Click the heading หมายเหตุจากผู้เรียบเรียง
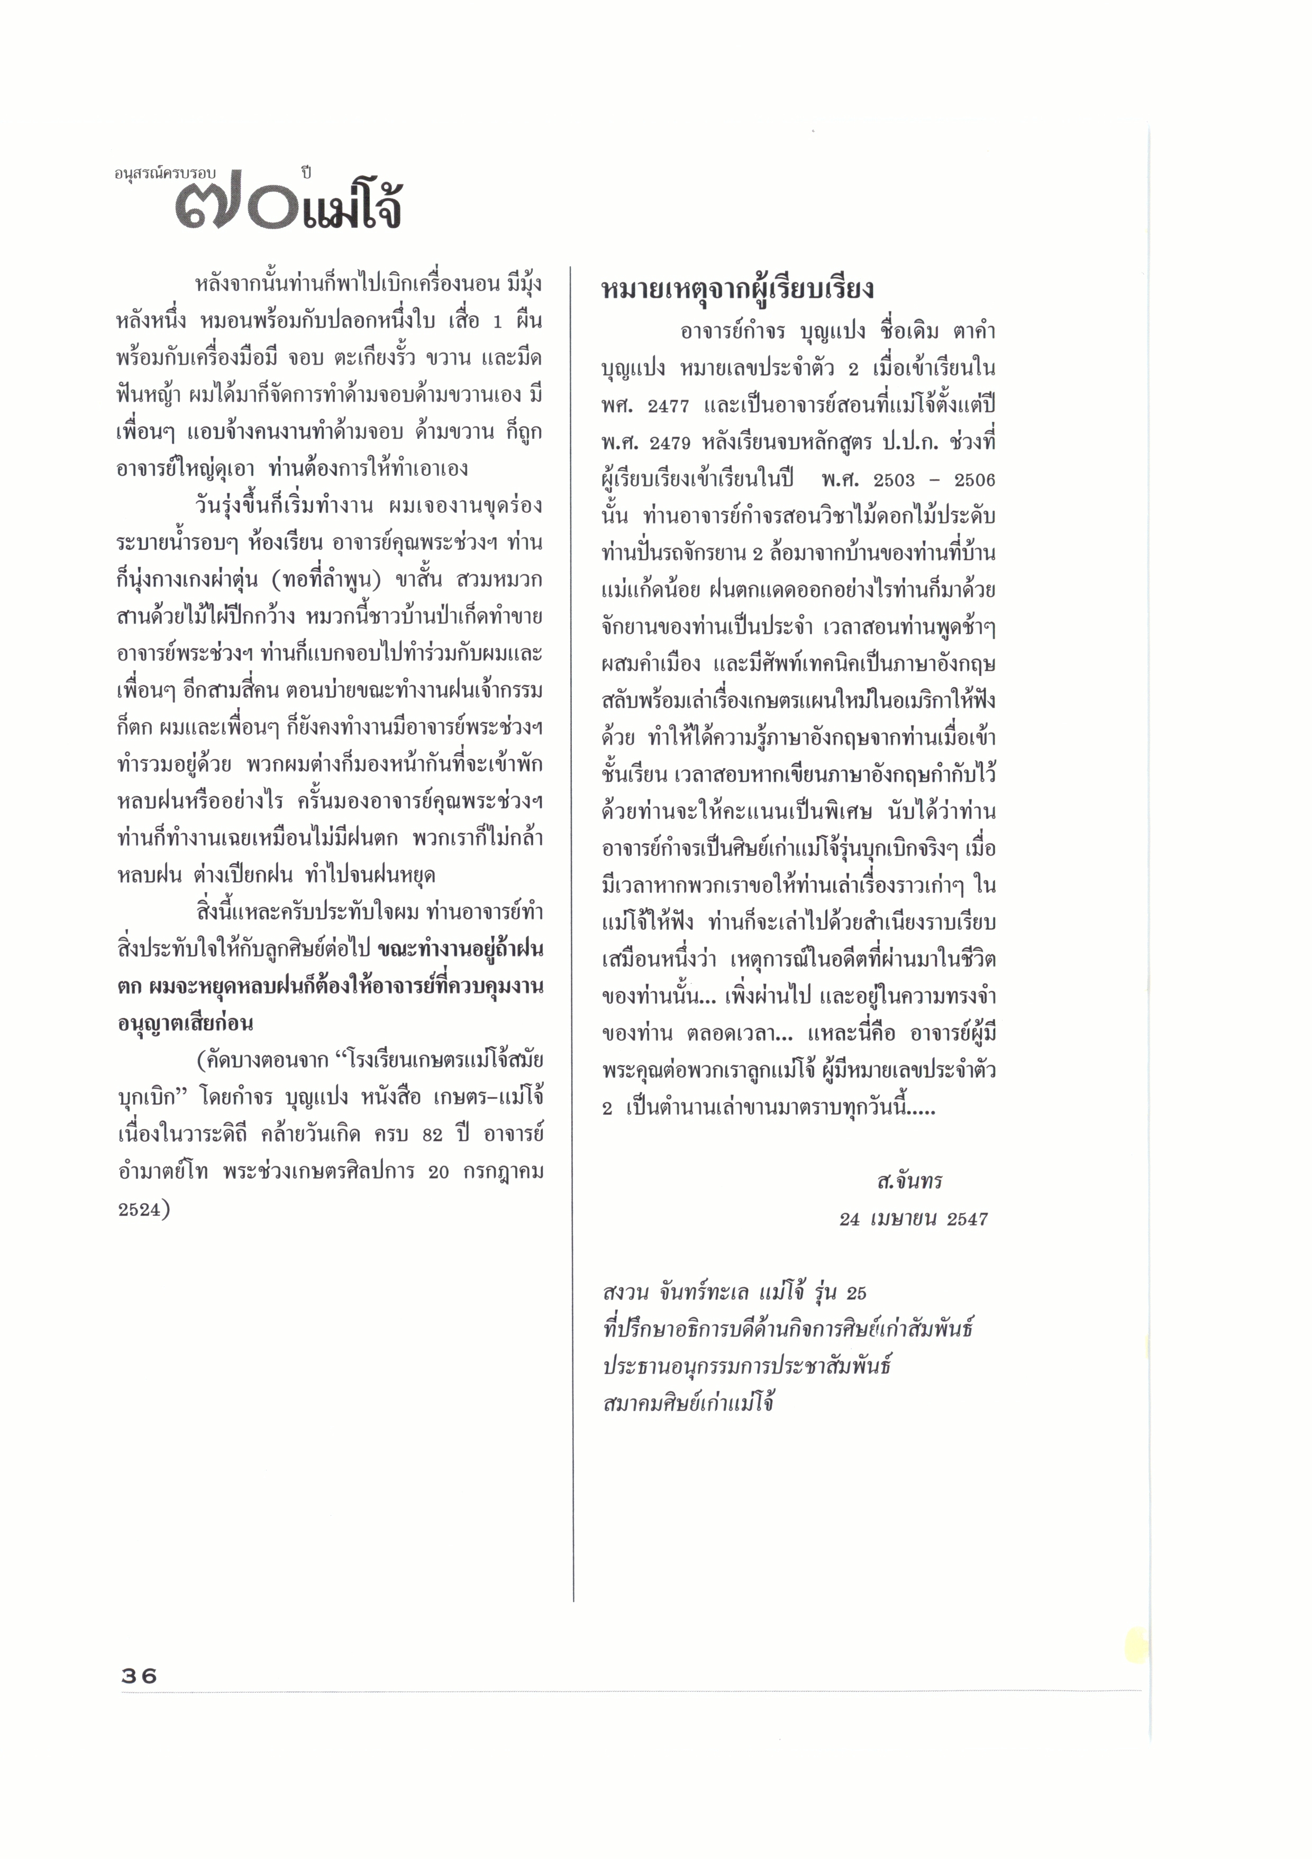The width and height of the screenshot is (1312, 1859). (737, 289)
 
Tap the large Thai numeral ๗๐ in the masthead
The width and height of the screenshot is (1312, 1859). (235, 209)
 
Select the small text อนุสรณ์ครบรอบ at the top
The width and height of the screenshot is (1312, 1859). (165, 173)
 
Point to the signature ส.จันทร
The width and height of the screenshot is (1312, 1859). (909, 1181)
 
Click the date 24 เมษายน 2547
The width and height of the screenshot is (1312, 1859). (913, 1220)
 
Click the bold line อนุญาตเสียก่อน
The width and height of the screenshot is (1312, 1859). (185, 1023)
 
